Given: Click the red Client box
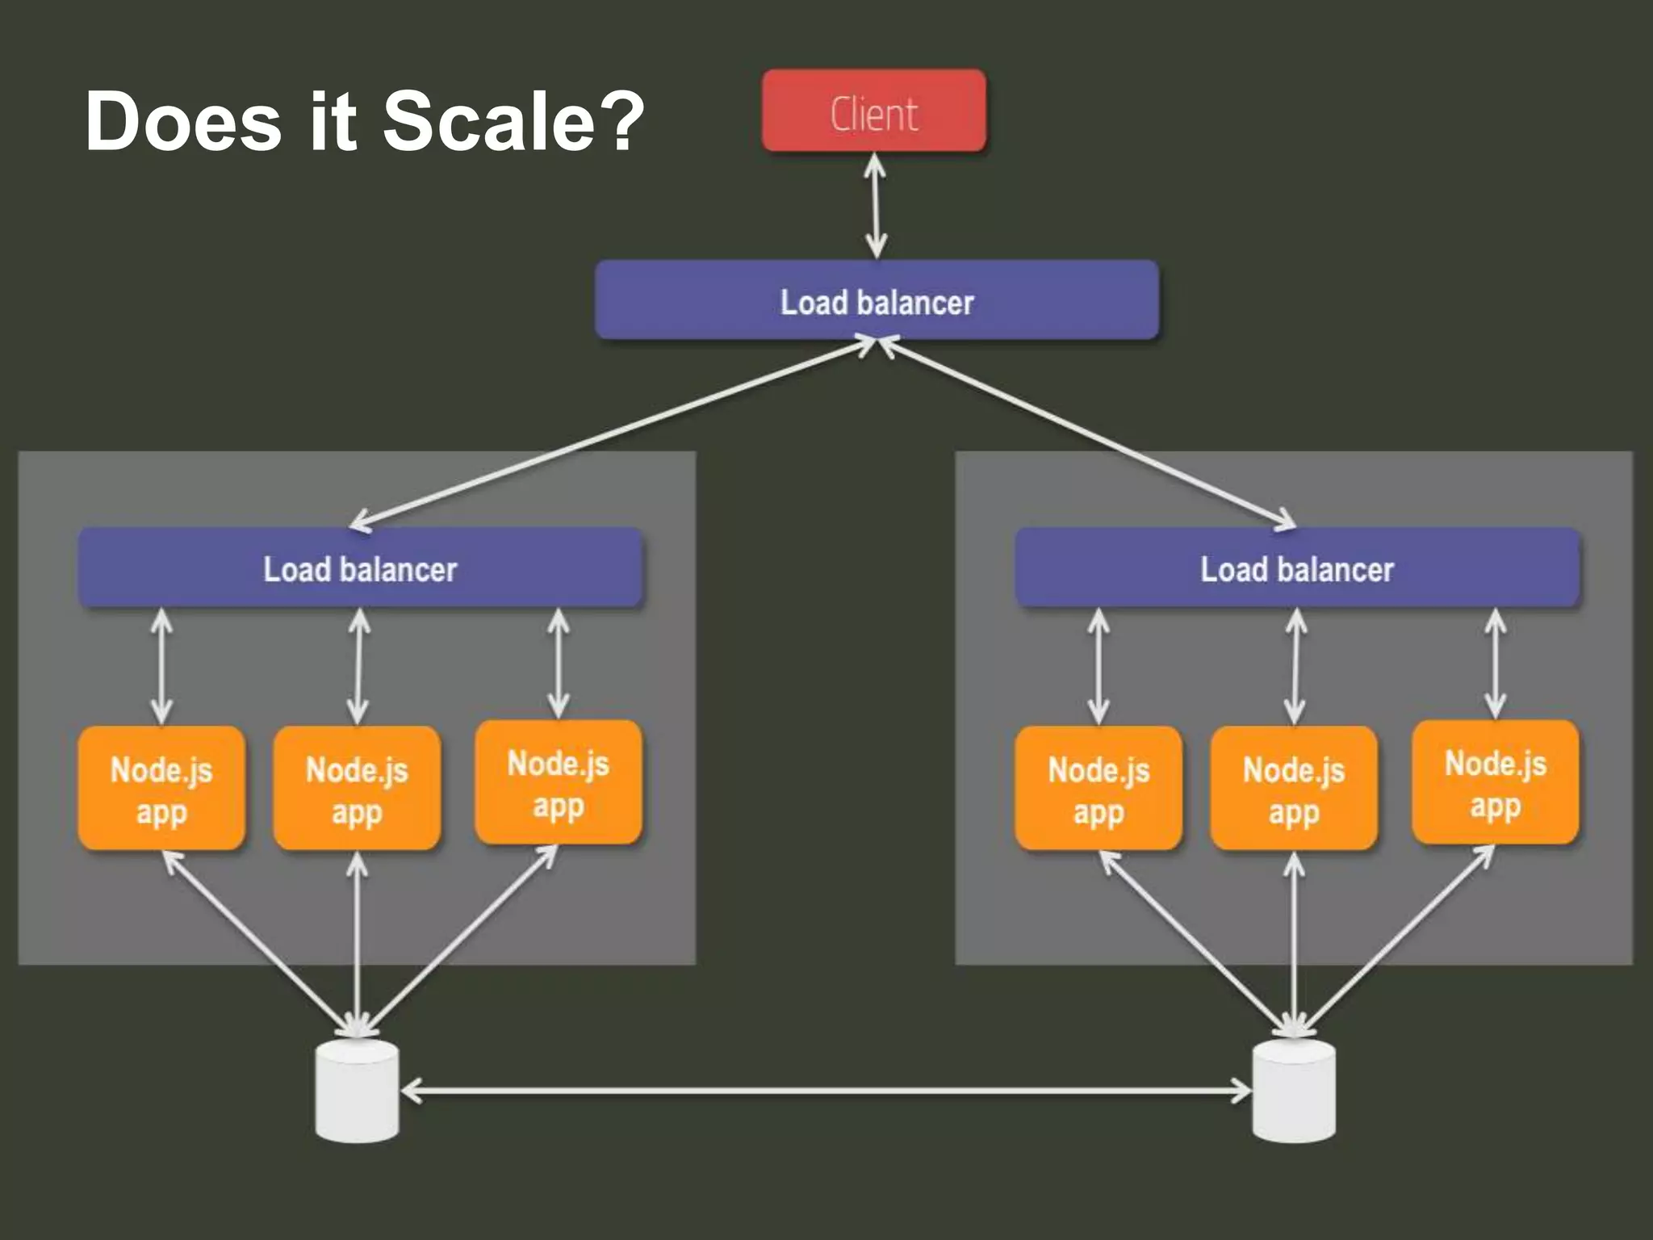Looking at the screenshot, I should (x=874, y=111).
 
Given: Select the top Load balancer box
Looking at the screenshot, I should (x=877, y=300).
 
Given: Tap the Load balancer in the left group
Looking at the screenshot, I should (x=360, y=568).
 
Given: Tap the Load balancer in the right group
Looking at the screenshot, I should (x=1296, y=568).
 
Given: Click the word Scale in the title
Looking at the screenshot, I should (x=488, y=121).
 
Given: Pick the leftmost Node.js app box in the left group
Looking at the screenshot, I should (x=161, y=789).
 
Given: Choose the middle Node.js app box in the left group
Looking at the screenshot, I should (x=357, y=789).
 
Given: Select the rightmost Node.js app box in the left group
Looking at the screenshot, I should (x=559, y=783).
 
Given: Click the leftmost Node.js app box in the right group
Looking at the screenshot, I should (x=1099, y=789).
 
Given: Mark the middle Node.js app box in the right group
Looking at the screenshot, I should (x=1294, y=789).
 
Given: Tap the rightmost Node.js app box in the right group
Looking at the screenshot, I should (x=1495, y=783).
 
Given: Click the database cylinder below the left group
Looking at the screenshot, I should (x=357, y=1091).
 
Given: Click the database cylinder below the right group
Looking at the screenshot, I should (x=1294, y=1091).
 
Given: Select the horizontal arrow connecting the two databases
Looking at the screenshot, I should (x=825, y=1091).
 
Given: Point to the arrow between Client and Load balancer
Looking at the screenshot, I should (x=876, y=206).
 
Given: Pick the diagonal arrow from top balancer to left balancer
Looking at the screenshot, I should (x=613, y=434).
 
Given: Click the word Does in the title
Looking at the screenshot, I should (x=183, y=121).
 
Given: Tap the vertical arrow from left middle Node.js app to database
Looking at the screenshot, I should (x=357, y=945).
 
